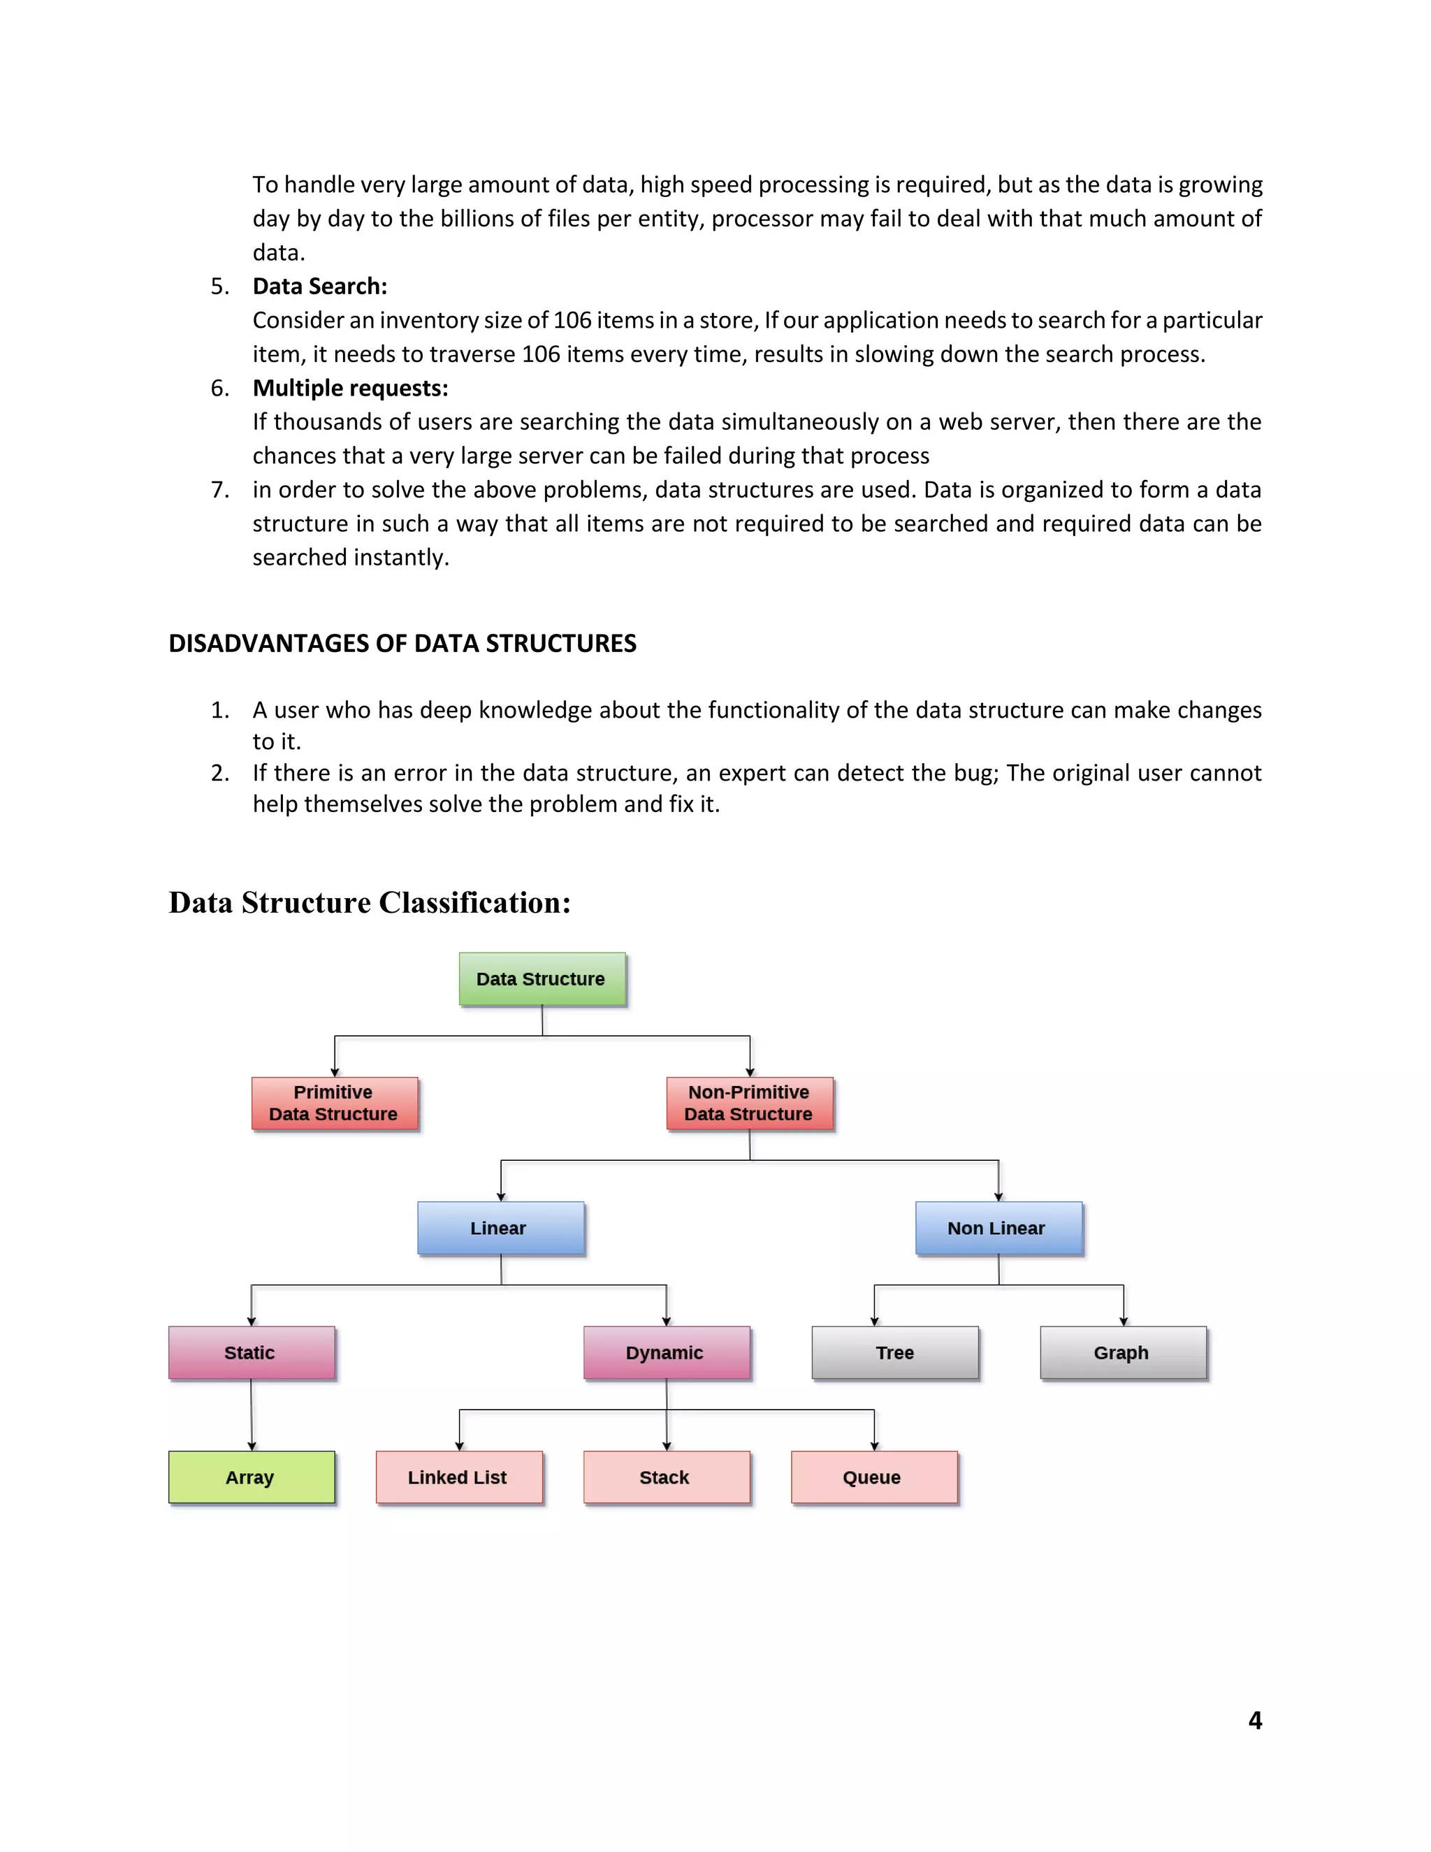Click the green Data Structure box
point(542,978)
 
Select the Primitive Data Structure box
point(334,1104)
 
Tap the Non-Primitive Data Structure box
point(750,1104)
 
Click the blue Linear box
point(500,1228)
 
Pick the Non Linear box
point(998,1228)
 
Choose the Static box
point(251,1352)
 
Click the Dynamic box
point(667,1352)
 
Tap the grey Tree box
point(894,1352)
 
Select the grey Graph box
point(1122,1352)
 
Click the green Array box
point(251,1477)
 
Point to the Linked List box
point(458,1477)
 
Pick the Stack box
point(667,1477)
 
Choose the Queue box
point(873,1477)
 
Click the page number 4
point(1255,1721)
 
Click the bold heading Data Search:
point(319,287)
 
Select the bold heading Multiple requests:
point(350,389)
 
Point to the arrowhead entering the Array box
point(252,1446)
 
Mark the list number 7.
point(219,490)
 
